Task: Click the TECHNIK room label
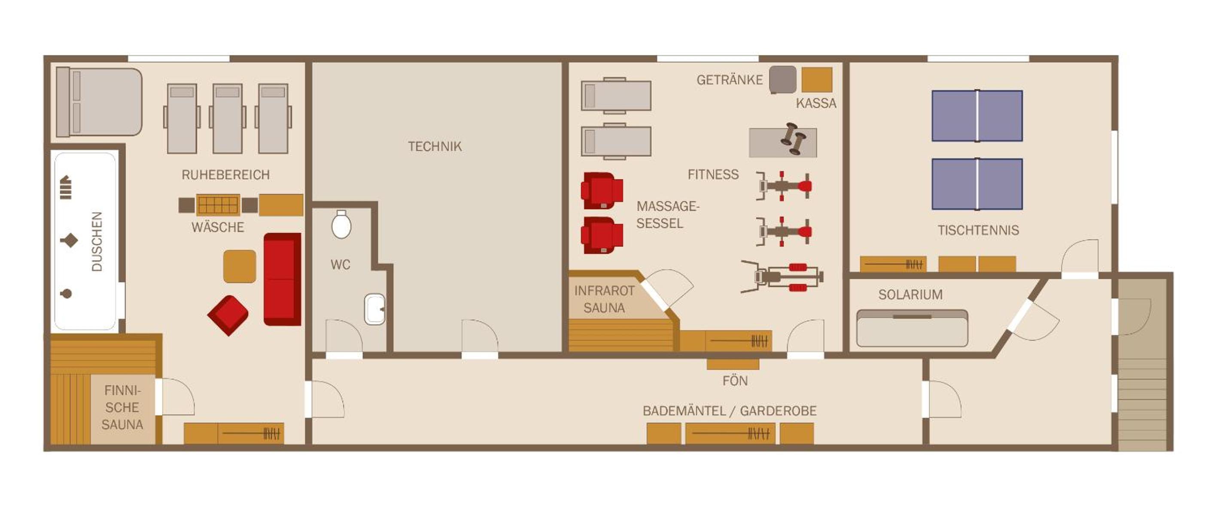point(435,146)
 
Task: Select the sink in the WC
point(374,309)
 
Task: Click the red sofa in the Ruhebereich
point(282,279)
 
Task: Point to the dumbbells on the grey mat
point(793,140)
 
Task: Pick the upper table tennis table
point(977,116)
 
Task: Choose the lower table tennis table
point(977,184)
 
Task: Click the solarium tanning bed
point(912,328)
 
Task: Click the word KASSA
point(816,103)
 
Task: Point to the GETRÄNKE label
point(730,80)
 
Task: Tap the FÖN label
point(735,381)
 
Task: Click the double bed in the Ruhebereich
point(99,102)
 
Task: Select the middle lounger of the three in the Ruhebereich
point(227,118)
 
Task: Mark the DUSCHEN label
point(97,241)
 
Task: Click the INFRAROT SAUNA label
point(604,299)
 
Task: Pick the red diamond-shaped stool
point(228,315)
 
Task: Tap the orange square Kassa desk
point(816,80)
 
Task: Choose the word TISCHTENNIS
point(978,230)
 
